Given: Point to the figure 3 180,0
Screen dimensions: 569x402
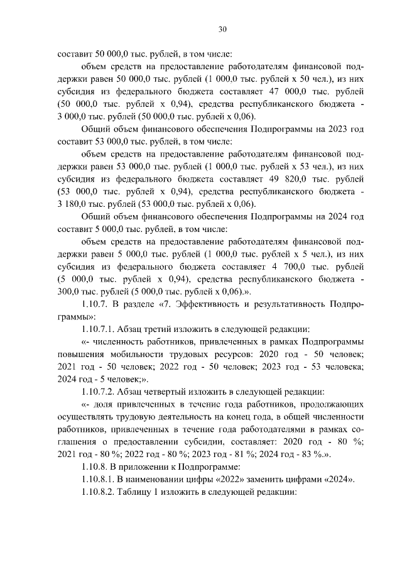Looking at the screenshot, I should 72,204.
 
